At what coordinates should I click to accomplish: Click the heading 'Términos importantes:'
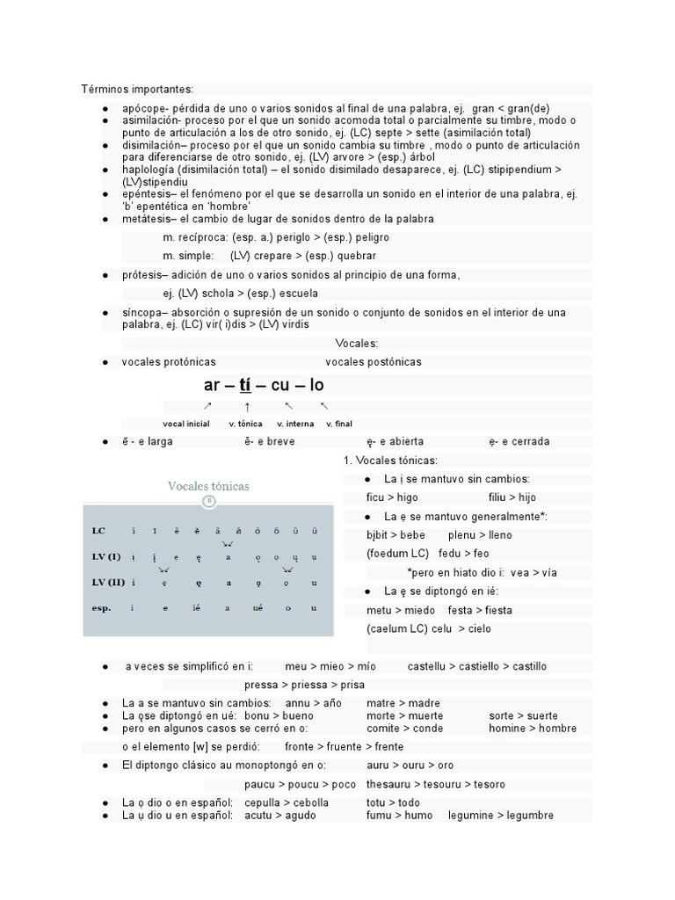coord(137,89)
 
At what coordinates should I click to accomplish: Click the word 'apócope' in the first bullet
coord(142,107)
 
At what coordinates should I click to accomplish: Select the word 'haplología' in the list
coord(149,169)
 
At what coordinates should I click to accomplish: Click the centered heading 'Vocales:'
coord(357,343)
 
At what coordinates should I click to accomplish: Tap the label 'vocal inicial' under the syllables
coord(186,424)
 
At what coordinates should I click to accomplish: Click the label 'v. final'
coord(339,424)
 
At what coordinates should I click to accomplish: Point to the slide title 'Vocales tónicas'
coord(208,486)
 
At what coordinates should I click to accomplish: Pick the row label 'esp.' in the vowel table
coord(101,607)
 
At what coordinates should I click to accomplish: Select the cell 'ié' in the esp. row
coord(195,608)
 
